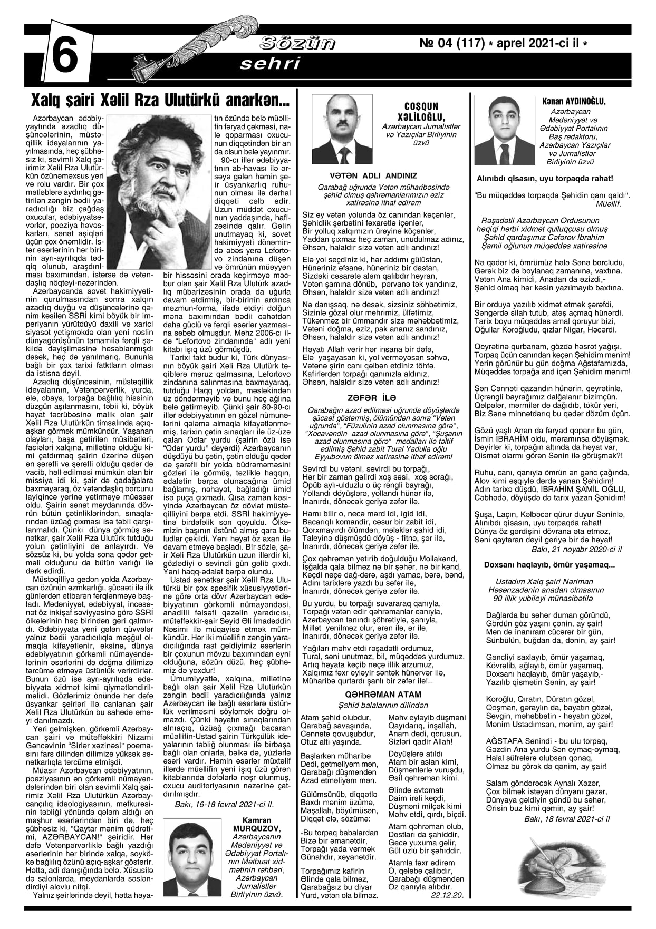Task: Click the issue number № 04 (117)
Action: coord(452,44)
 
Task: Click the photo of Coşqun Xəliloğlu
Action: coord(342,130)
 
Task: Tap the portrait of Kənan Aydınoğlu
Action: coord(504,131)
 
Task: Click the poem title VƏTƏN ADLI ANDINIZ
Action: coord(373,176)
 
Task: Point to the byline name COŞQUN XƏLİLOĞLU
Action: coord(421,111)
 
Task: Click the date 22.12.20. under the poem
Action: coord(447,895)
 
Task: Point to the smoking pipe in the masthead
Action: coord(153,63)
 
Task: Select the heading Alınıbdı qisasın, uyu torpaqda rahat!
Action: coord(545,179)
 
